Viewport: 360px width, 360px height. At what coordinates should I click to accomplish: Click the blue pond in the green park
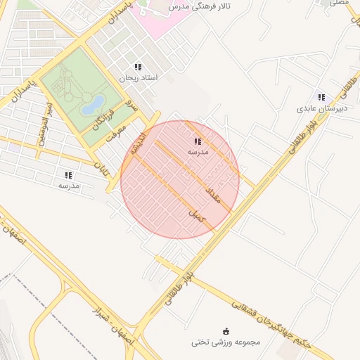click(x=92, y=106)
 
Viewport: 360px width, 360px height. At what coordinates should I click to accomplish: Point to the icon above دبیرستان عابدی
click(x=321, y=98)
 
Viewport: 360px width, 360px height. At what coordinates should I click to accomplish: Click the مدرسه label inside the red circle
click(x=197, y=152)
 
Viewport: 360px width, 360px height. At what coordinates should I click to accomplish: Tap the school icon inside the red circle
click(x=196, y=141)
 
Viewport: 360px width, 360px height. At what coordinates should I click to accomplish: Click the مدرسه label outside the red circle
click(x=68, y=186)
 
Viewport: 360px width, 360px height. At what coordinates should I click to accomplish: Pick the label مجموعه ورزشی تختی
click(x=226, y=342)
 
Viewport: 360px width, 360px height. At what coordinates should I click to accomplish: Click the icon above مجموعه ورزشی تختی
click(x=226, y=331)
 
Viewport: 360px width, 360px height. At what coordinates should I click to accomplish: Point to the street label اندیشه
click(x=136, y=141)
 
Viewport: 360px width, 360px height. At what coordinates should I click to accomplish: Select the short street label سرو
click(x=131, y=105)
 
